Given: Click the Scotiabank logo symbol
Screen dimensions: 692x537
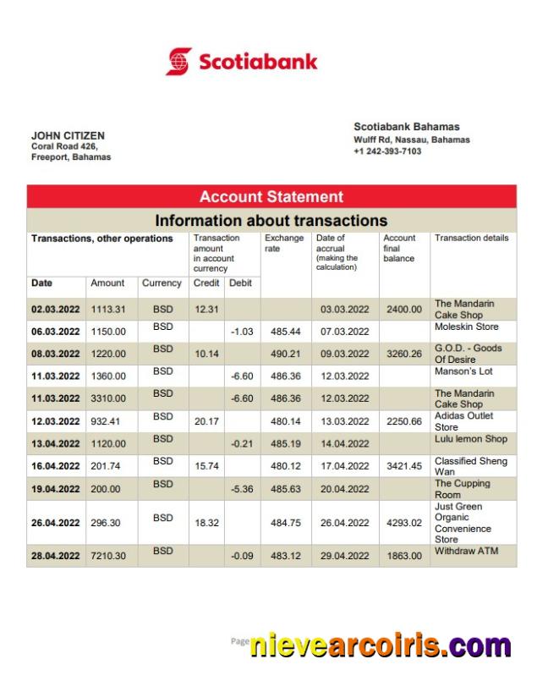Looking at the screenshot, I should tap(179, 62).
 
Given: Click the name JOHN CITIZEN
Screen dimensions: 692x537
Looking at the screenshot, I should tap(68, 135).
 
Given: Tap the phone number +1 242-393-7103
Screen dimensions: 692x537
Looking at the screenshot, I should tap(387, 151).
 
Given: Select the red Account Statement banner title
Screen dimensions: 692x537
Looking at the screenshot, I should tap(271, 197).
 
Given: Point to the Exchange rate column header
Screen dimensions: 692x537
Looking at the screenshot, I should tap(283, 244).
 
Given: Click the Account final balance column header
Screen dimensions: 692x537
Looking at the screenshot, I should tap(399, 248).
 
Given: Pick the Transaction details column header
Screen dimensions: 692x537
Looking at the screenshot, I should tap(471, 239).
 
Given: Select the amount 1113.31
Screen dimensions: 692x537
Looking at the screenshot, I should tap(108, 310).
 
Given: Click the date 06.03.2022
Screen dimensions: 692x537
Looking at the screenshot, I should tap(56, 332).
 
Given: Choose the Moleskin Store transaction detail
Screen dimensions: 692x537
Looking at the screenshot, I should tap(466, 327).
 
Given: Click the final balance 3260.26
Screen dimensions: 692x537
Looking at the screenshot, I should tap(403, 354).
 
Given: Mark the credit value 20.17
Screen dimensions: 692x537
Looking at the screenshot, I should tap(206, 420).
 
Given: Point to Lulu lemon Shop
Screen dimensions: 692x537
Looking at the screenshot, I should tap(470, 439).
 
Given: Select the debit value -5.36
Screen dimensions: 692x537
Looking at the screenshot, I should tap(242, 489).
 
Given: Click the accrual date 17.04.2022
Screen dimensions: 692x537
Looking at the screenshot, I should tap(344, 466).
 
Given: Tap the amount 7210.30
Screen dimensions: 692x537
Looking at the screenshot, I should tap(108, 556).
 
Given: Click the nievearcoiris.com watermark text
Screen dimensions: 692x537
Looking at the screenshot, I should tap(380, 645).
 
